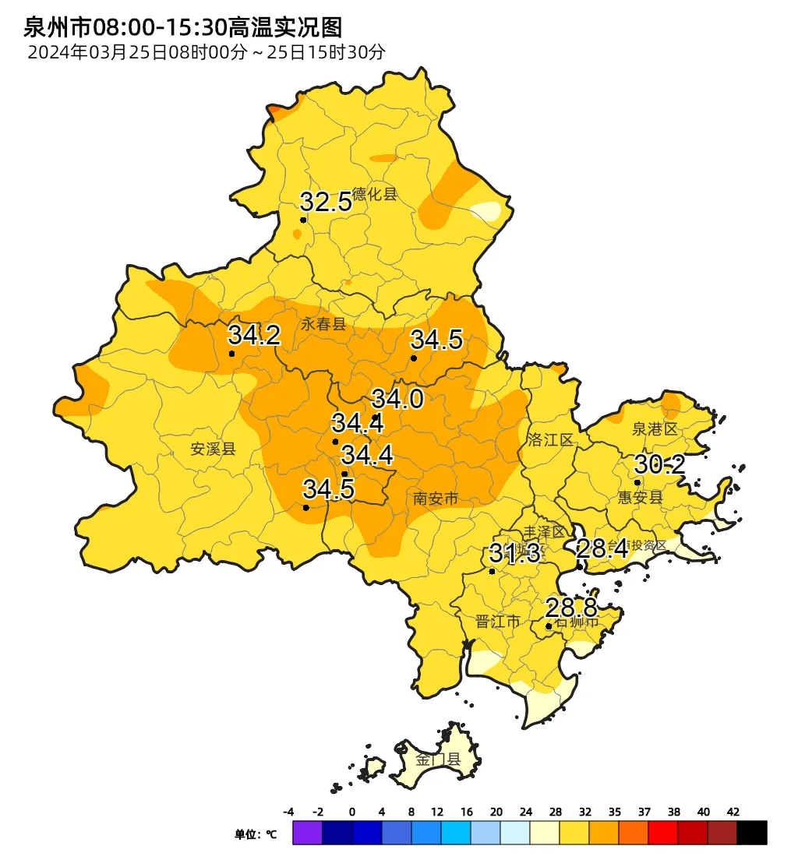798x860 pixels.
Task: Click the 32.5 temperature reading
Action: pos(326,203)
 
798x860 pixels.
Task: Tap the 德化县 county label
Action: pos(375,195)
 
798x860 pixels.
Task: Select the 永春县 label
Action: pos(323,325)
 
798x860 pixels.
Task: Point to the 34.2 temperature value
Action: pos(253,336)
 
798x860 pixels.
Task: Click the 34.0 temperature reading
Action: pos(397,400)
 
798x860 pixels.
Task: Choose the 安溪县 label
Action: pos(213,449)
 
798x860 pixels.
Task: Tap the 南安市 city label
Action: pos(436,499)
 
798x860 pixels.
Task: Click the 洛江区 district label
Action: pos(550,440)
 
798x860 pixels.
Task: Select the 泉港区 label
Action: pos(655,429)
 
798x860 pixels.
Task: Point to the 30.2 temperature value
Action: pos(659,465)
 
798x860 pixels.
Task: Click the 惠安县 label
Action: pos(640,498)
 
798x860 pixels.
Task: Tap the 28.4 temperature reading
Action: pos(602,549)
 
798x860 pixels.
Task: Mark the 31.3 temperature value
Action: pos(514,554)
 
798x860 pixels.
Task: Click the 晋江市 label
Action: pos(497,622)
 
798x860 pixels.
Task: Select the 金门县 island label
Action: pos(438,760)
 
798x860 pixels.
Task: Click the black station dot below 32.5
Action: pos(303,220)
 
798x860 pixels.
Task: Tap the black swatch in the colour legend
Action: pos(752,833)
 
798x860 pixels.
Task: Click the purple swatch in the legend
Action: pos(307,833)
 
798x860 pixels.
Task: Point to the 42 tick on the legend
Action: pos(733,812)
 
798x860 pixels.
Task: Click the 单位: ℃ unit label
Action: pos(256,834)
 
